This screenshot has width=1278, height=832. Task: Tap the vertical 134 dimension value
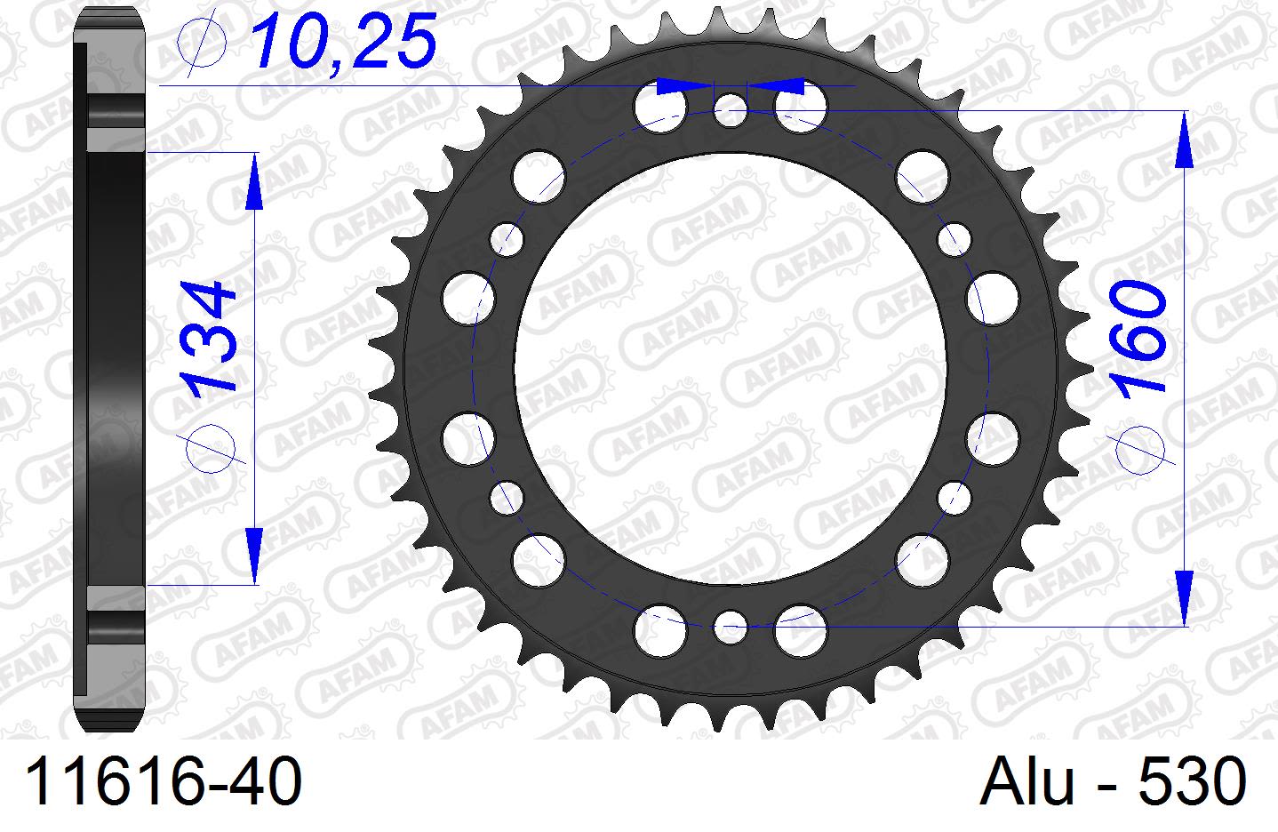(211, 338)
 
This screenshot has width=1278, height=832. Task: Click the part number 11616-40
(164, 783)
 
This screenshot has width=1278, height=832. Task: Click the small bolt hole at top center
(731, 111)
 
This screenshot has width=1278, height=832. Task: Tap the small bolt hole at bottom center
(731, 625)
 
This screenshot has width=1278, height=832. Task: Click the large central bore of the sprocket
(731, 368)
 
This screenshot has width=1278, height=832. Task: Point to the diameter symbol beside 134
(211, 442)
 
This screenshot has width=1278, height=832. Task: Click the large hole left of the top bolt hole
(660, 106)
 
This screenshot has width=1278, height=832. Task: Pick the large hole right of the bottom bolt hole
(801, 630)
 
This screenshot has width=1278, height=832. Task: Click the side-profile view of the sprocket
(108, 368)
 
